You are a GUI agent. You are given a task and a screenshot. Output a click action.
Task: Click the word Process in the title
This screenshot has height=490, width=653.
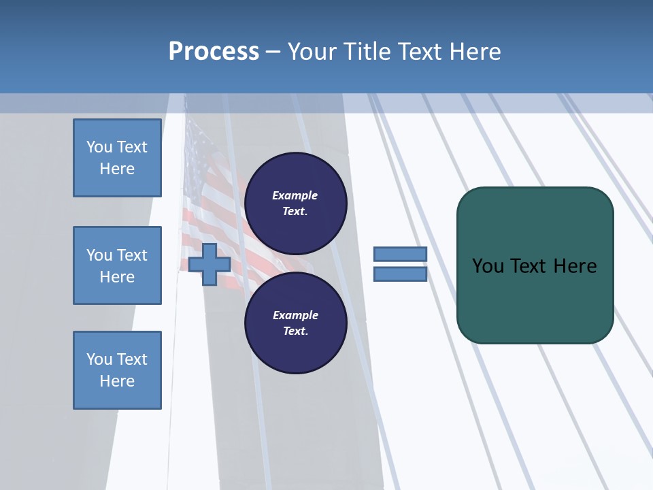[214, 52]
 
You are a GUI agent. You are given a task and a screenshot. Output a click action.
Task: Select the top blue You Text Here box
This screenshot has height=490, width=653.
[117, 158]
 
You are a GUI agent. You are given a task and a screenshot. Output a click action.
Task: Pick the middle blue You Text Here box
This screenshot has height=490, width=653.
[117, 265]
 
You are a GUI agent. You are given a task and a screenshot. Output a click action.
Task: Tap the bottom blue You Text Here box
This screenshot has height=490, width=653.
[117, 370]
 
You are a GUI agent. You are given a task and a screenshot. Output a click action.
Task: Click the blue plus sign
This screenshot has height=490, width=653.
[210, 264]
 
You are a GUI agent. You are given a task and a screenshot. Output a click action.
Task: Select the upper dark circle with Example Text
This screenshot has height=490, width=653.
[295, 203]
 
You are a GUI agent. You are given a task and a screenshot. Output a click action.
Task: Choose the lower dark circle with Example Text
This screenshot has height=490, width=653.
[295, 323]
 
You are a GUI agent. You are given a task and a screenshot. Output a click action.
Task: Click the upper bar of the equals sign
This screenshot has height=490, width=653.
[400, 255]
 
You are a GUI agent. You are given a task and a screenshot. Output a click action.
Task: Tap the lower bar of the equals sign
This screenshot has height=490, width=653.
[400, 274]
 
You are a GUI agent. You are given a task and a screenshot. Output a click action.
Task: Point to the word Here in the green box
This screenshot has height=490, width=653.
[575, 266]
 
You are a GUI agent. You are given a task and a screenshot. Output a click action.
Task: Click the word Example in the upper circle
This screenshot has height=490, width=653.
[295, 195]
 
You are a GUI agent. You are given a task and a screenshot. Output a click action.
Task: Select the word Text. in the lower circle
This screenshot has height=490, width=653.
[295, 331]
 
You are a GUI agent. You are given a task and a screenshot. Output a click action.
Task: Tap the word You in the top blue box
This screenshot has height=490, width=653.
[99, 147]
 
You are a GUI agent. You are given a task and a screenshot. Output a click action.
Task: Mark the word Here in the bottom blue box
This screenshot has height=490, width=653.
[117, 381]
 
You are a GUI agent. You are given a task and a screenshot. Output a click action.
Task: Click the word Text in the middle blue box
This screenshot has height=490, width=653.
[132, 255]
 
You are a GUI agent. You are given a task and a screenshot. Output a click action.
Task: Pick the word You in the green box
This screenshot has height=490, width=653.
[487, 266]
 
